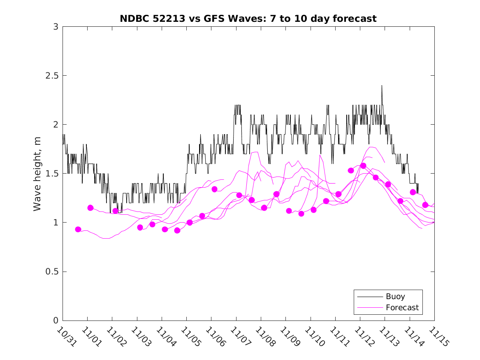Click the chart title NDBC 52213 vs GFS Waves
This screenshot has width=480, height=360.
(x=248, y=19)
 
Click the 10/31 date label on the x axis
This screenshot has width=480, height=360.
(x=65, y=336)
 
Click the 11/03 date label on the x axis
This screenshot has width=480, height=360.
(x=140, y=336)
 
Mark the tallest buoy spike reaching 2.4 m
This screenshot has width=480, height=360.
(x=382, y=86)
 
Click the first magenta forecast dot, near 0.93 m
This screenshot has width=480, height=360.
(x=78, y=229)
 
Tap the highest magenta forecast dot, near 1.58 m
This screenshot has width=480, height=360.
(x=363, y=165)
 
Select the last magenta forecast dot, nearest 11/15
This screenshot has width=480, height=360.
(x=425, y=205)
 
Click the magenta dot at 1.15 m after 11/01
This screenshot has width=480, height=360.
(x=90, y=208)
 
